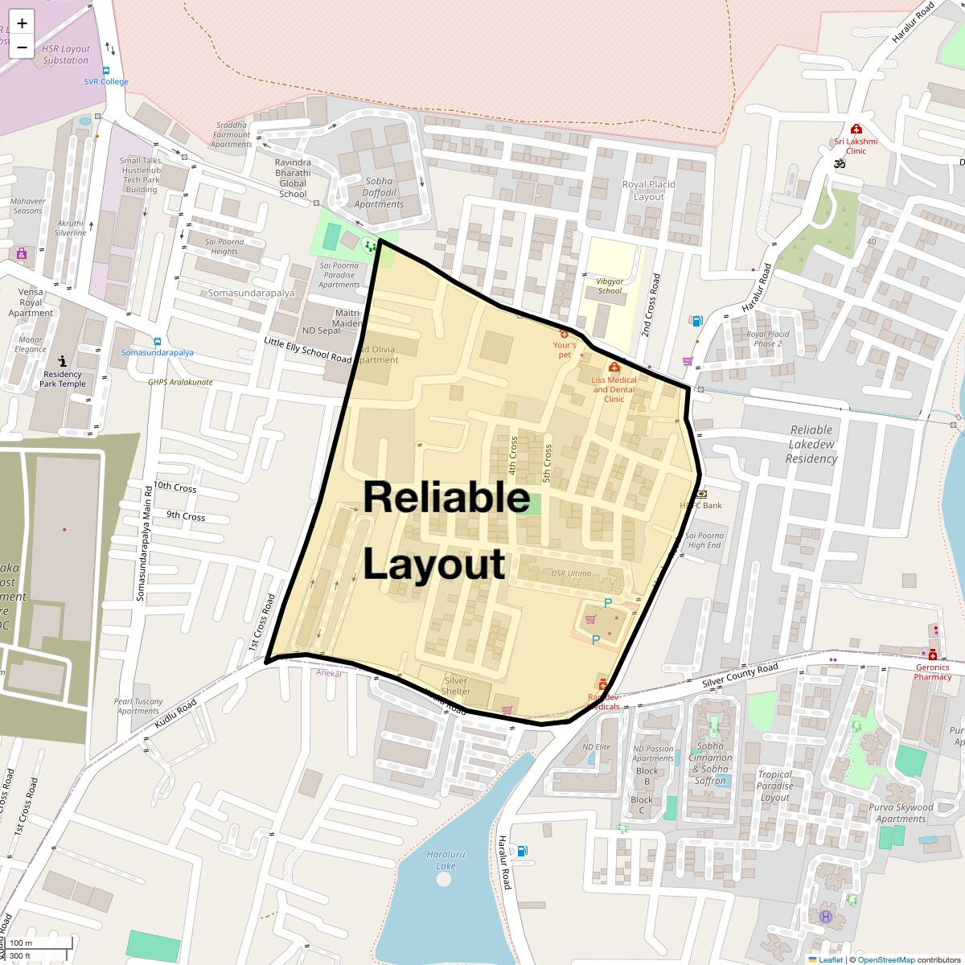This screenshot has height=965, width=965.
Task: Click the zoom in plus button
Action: point(22,23)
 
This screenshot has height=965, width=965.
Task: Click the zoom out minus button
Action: point(22,47)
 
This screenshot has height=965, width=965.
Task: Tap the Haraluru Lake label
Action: point(446,860)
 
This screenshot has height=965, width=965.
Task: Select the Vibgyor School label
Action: point(610,286)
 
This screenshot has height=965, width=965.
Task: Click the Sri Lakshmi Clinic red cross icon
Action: point(856,129)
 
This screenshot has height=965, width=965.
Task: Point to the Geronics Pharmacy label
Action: point(932,671)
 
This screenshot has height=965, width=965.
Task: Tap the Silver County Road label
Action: point(740,675)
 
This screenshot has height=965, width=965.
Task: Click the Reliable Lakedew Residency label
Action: point(811,444)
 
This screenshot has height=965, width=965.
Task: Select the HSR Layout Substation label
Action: point(66,55)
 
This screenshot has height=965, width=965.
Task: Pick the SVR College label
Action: point(106,81)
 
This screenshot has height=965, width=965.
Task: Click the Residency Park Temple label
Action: point(63,379)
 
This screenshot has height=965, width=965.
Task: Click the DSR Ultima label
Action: point(571,573)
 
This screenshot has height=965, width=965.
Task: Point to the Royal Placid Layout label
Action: point(648,191)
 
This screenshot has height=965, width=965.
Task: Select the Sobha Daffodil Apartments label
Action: point(379,193)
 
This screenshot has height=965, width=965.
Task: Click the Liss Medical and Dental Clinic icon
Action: point(614,368)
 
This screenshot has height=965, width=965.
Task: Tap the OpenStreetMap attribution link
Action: point(885,959)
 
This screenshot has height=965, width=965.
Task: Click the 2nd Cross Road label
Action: point(651,305)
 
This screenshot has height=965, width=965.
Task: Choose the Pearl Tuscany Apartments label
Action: point(138,706)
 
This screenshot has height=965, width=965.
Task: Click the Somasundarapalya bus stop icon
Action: point(157,342)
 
